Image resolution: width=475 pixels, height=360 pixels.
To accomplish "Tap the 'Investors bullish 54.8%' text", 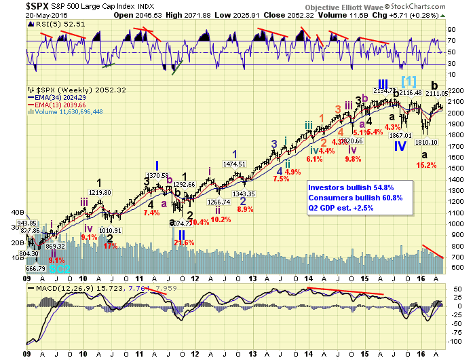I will (349, 187).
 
